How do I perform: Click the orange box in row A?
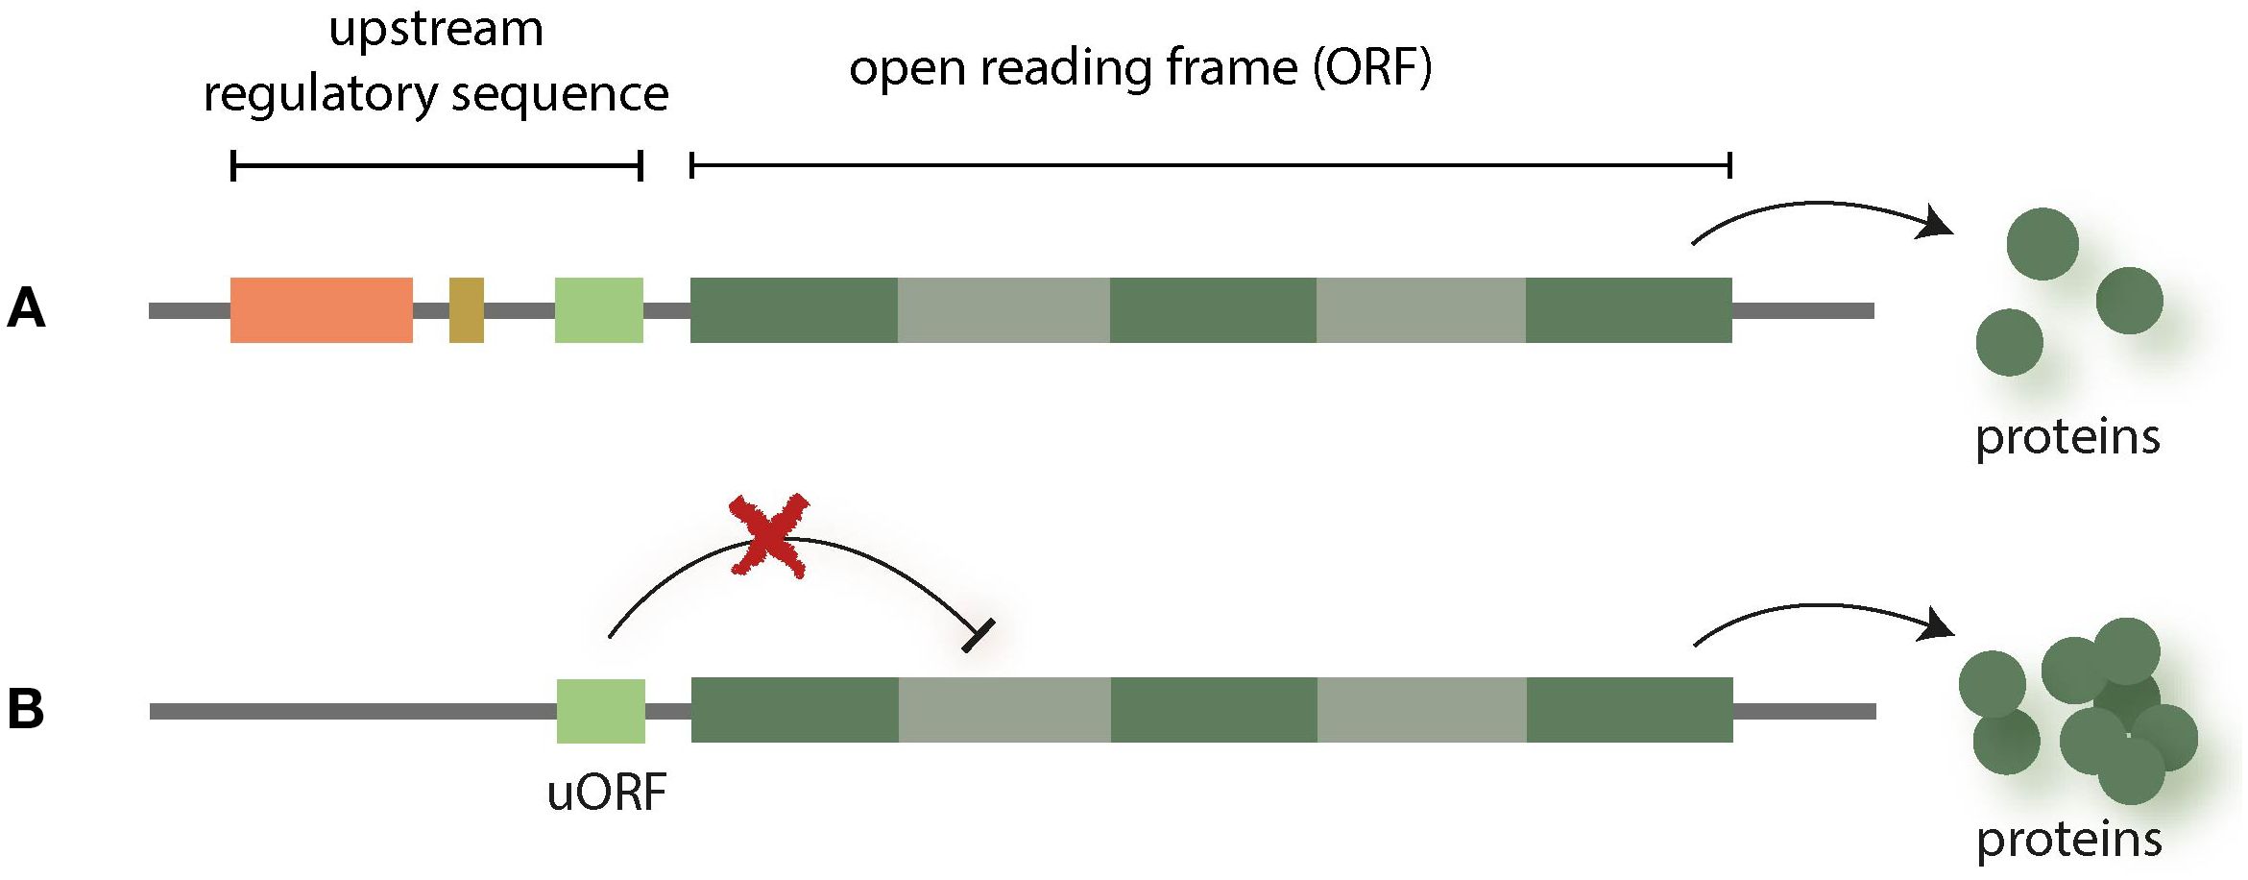pos(321,310)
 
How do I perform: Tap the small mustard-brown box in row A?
pos(466,310)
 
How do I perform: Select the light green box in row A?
pos(598,310)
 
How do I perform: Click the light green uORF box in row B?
pos(600,711)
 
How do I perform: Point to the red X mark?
pos(768,536)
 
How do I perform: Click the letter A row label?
pos(26,309)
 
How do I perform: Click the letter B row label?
pos(26,710)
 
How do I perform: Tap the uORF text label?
pos(606,794)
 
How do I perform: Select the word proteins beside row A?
pos(2067,438)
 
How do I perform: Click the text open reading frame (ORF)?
pos(1140,69)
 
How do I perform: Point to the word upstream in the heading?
pos(436,29)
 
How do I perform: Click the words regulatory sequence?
pos(436,94)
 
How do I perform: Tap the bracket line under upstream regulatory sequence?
pos(436,166)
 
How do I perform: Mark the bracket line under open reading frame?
pos(1210,166)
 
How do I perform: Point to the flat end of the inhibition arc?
pos(979,636)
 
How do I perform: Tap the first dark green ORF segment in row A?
pos(793,310)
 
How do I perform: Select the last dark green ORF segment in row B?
pos(1629,711)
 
